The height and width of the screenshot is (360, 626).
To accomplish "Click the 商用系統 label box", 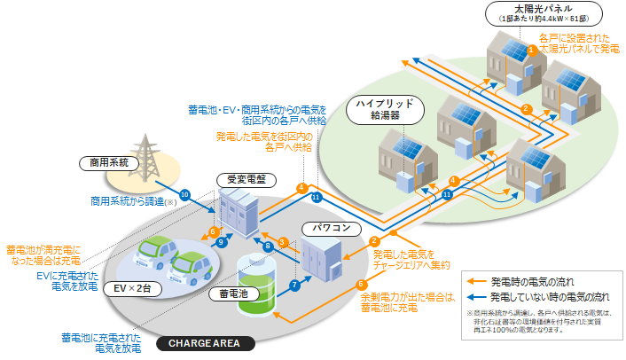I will coord(108,162).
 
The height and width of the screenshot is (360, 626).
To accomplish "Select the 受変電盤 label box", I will coord(241,178).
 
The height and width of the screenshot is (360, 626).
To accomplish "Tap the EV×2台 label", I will coord(124,287).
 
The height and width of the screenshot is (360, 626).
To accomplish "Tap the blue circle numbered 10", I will coord(184,194).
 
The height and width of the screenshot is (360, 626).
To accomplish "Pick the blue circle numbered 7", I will coord(293,285).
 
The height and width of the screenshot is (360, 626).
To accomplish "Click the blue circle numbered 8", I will coord(269,246).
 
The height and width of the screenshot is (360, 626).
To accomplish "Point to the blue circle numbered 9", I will coord(222,241).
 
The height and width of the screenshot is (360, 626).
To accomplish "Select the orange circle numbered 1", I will coord(531,51).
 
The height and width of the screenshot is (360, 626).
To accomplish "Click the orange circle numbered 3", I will coord(281,242).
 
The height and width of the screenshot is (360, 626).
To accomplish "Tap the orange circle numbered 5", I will coord(361,285).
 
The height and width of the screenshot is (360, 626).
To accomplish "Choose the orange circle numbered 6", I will coord(213,231).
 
